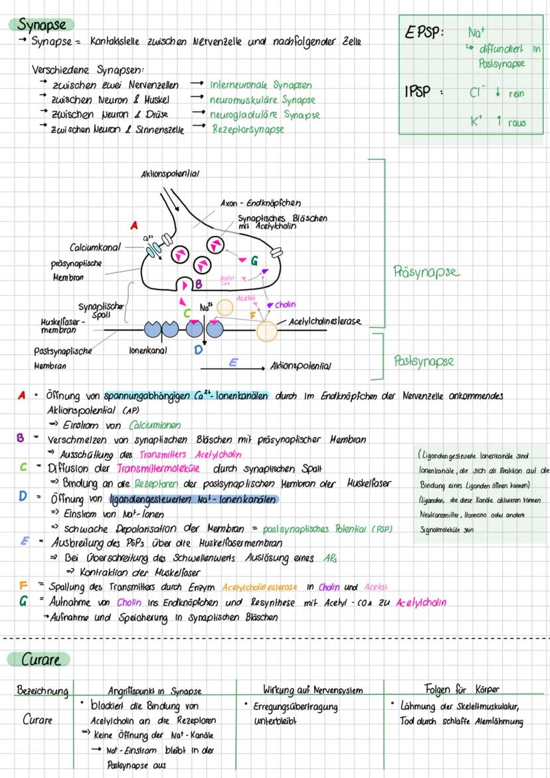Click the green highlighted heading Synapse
(41, 25)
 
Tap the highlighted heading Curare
(41, 660)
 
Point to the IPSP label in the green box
(418, 92)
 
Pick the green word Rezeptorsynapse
(248, 129)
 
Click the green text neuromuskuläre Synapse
(262, 100)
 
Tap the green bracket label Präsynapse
(426, 272)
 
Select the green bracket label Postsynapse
(423, 361)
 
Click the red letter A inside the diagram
(134, 226)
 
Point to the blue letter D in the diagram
(198, 349)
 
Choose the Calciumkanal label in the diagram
(95, 248)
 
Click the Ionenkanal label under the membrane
(147, 349)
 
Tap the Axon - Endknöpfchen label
(260, 203)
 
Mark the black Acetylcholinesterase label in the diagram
(325, 322)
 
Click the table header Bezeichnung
(43, 691)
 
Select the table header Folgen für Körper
(462, 689)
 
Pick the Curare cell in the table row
(38, 720)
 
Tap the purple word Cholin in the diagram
(285, 305)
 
